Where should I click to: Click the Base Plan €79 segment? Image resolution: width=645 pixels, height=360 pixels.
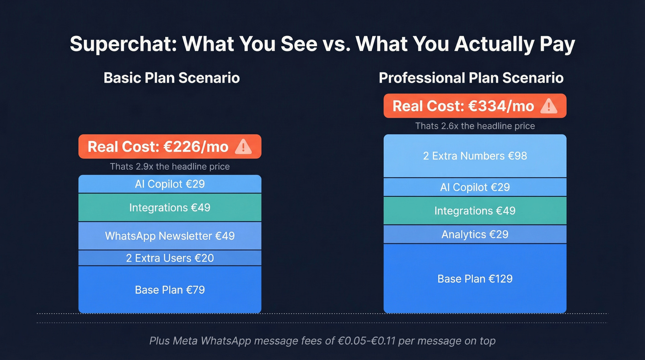[170, 290]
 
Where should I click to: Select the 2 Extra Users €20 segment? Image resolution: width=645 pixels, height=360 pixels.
[170, 258]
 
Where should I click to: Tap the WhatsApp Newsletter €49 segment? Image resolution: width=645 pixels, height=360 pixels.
[170, 236]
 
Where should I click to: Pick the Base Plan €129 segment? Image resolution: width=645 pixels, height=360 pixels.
[475, 279]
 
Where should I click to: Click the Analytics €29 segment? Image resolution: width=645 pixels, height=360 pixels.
[475, 235]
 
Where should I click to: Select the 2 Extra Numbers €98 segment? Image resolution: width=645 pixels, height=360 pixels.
[475, 156]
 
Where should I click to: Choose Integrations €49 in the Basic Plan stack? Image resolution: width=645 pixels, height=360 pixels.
[170, 207]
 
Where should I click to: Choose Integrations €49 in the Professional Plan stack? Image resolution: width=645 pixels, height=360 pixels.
[475, 211]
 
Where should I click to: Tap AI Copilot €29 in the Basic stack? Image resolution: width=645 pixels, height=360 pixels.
[170, 184]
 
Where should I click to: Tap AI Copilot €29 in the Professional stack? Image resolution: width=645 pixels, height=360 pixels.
[475, 187]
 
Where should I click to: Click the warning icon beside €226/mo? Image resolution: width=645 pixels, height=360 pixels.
[243, 147]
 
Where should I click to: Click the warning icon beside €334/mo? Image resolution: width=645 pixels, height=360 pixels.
[549, 106]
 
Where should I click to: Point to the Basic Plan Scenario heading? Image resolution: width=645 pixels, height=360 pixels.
[171, 77]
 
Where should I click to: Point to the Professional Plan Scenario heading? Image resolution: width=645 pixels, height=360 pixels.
[471, 77]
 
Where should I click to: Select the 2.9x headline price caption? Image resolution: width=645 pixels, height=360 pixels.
[170, 166]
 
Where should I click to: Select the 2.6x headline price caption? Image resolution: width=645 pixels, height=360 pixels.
[475, 126]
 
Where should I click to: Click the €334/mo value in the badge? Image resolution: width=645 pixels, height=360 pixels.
[500, 106]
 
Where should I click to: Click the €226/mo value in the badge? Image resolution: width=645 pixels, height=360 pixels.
[195, 147]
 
